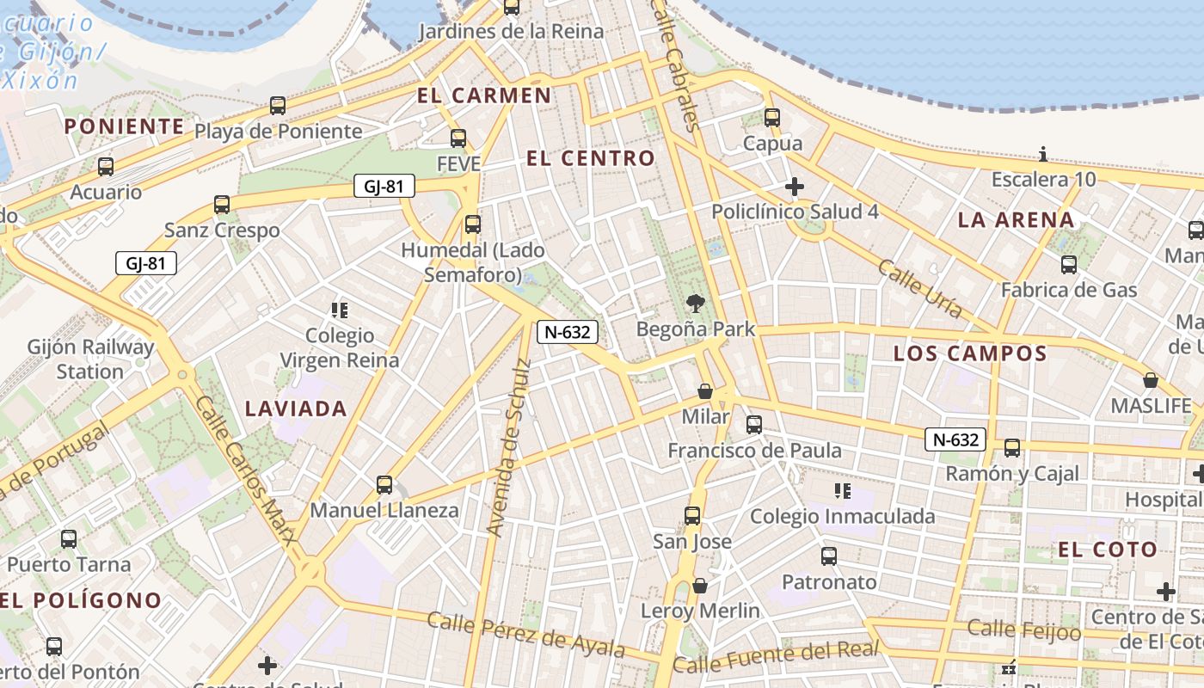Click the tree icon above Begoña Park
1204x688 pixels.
coord(695,303)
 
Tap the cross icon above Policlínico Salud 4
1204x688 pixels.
coord(795,186)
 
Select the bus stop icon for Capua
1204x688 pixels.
coord(772,118)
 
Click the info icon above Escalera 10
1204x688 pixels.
coord(1043,155)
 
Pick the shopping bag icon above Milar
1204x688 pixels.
coord(705,391)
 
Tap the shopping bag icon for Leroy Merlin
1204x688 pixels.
coord(700,586)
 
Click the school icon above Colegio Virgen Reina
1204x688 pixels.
coord(340,310)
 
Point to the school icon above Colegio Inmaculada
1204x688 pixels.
coord(843,491)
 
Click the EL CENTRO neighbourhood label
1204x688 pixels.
coord(590,158)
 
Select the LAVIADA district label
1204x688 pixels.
coord(296,408)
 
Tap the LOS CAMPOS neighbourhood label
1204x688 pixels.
coord(970,353)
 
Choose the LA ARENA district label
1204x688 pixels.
coord(1016,220)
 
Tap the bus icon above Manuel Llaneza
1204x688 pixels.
coord(384,485)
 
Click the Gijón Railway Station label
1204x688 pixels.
coord(90,359)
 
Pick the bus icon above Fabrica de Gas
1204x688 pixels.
coord(1069,265)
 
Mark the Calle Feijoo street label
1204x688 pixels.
coord(1024,630)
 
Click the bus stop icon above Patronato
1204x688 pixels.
coord(829,556)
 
